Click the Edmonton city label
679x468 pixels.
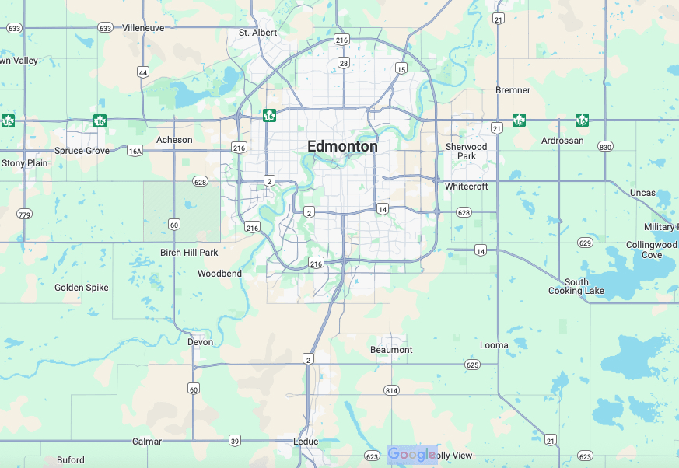[x=342, y=146]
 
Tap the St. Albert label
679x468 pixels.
[x=257, y=33]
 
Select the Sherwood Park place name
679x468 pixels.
[x=466, y=152]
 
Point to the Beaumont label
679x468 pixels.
[x=391, y=350]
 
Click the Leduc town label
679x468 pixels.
[x=306, y=442]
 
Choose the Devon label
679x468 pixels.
[x=200, y=342]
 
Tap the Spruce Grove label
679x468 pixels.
[x=82, y=151]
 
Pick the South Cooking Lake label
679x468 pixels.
[x=576, y=287]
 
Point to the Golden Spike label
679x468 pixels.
[x=82, y=288]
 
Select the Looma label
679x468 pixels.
[x=494, y=345]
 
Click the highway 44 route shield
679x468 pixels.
[x=142, y=72]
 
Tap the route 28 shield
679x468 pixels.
[x=343, y=63]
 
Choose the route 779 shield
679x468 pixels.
[x=24, y=215]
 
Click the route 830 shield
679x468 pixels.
[x=606, y=147]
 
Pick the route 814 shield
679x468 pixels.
[x=391, y=389]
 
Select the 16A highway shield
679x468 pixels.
[x=135, y=151]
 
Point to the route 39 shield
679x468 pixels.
[x=235, y=441]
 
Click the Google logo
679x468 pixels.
[x=411, y=455]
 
